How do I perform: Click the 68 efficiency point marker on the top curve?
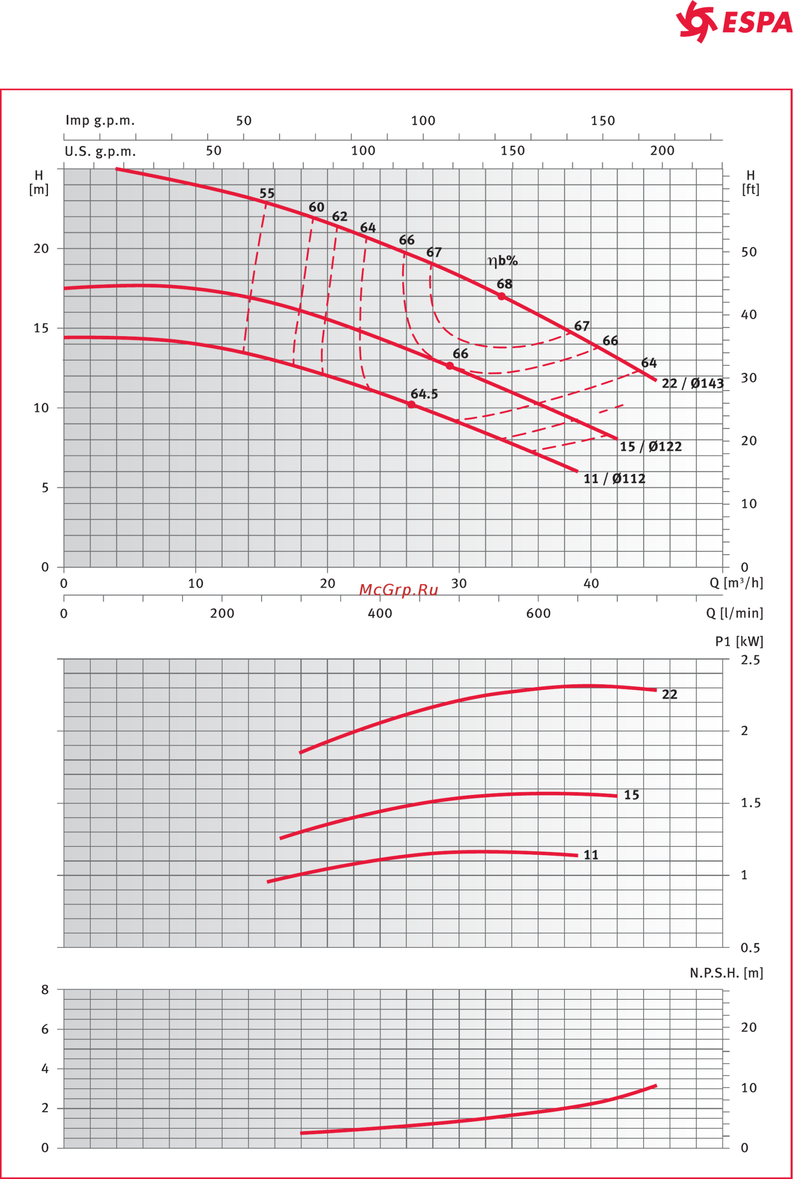[x=501, y=296]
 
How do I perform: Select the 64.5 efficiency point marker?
[x=411, y=404]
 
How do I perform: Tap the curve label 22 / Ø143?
[x=693, y=384]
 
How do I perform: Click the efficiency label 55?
[x=267, y=193]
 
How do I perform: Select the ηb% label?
[x=502, y=261]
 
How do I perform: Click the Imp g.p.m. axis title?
[x=100, y=121]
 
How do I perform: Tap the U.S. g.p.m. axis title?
[x=100, y=152]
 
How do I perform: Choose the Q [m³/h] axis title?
[x=736, y=583]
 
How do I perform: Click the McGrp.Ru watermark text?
[x=399, y=590]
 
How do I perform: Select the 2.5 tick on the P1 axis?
[x=750, y=660]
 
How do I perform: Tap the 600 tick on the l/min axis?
[x=538, y=613]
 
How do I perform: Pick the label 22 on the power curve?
[x=670, y=695]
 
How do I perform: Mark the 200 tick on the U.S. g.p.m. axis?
[x=662, y=151]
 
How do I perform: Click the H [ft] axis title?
[x=751, y=182]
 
